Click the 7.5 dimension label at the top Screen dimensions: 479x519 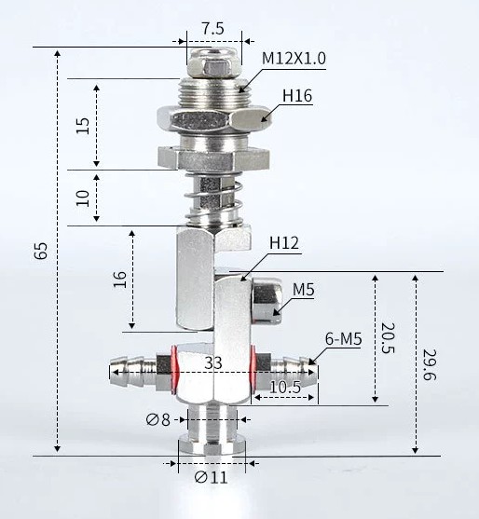click(x=213, y=29)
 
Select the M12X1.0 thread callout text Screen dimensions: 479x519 click(x=294, y=59)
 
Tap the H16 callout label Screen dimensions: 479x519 click(x=297, y=96)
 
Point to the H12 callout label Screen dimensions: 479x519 click(x=284, y=243)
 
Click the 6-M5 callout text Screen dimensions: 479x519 click(x=343, y=339)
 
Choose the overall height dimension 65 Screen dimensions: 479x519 click(x=41, y=251)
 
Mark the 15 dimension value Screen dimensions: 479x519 click(x=82, y=126)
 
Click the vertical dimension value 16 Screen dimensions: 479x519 click(x=119, y=280)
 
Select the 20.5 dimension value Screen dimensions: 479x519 click(x=388, y=338)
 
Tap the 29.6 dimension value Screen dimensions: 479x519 click(x=429, y=364)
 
